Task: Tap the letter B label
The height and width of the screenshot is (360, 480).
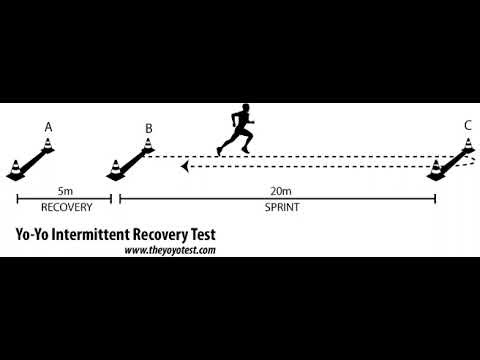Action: (148, 128)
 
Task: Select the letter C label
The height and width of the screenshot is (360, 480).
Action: (467, 126)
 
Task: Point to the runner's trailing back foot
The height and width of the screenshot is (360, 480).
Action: (220, 151)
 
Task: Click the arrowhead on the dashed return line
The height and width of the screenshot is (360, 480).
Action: (185, 167)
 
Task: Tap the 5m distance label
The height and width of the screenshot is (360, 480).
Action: (64, 189)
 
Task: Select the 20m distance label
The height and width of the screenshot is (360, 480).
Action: (277, 189)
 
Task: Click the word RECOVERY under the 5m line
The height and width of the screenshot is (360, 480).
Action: (65, 209)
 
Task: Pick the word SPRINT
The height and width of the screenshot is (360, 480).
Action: (278, 209)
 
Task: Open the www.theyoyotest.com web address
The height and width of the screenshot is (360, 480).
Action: (170, 251)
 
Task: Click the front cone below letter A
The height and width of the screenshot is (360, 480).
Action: (17, 169)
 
